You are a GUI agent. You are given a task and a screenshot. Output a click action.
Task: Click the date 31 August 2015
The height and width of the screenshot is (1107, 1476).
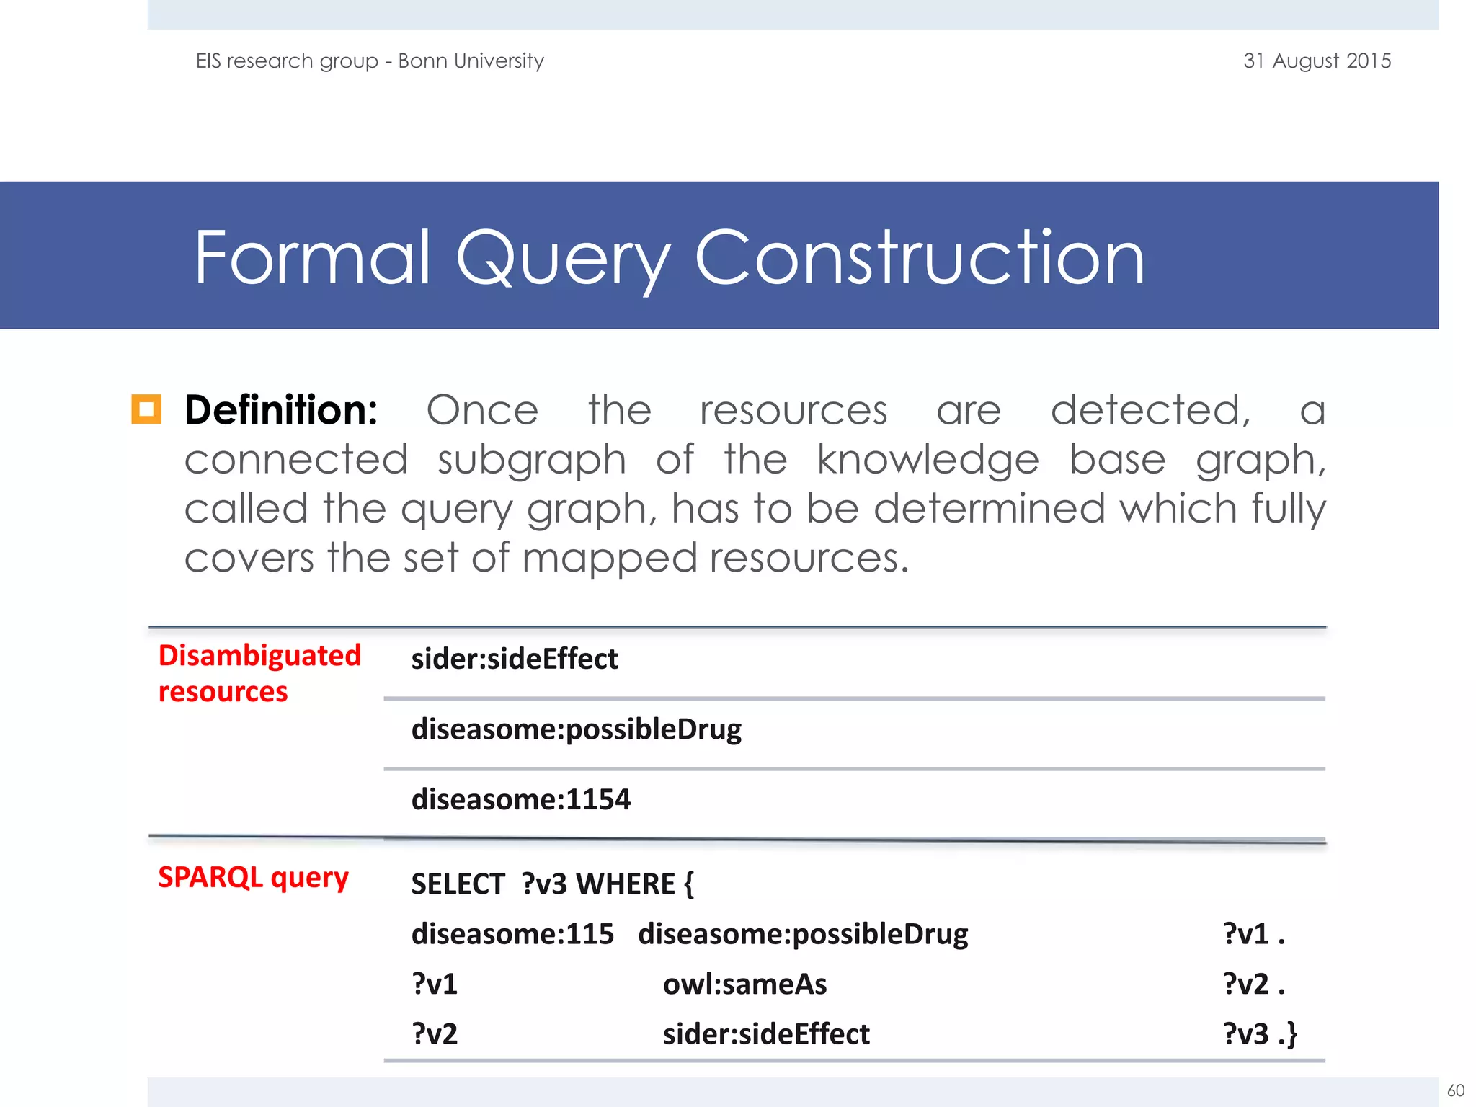point(1317,61)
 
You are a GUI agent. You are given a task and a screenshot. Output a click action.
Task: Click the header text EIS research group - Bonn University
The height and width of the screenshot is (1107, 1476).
point(370,61)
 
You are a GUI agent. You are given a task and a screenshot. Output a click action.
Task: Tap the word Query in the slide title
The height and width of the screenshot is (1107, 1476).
point(562,258)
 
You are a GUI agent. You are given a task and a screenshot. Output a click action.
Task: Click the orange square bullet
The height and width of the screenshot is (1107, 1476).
point(146,409)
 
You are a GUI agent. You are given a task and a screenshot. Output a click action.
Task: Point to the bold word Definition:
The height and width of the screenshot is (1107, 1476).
point(281,410)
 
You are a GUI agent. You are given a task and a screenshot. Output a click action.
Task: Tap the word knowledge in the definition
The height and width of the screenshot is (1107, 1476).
point(928,460)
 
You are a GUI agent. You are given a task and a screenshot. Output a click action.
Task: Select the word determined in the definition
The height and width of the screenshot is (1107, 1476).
point(989,509)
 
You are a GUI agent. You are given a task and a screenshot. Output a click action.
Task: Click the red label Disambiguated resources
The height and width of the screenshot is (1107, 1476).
point(259,673)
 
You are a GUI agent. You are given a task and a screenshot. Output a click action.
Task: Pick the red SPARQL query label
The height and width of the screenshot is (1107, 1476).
point(253,877)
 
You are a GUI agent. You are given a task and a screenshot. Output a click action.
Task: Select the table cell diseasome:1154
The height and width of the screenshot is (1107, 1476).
point(520,799)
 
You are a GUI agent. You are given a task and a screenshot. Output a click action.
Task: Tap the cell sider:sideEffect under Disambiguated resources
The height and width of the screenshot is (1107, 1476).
point(515,659)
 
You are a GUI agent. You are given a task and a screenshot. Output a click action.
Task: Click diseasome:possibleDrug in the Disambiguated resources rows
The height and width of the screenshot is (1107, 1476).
point(576,729)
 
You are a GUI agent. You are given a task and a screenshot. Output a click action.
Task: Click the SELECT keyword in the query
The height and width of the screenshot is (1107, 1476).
point(458,884)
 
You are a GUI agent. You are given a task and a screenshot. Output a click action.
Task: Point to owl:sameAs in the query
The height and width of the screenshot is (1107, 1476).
point(744,984)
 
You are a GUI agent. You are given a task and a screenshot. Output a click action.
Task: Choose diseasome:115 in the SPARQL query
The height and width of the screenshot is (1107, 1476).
point(512,934)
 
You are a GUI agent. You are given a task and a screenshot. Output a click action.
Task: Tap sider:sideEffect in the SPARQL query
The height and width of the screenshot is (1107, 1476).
point(766,1034)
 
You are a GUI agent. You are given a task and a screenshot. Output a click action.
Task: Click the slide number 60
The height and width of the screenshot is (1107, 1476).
point(1456,1090)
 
